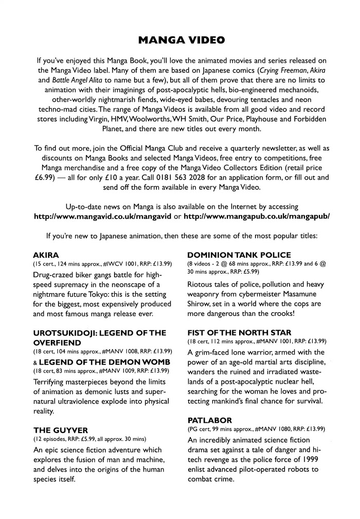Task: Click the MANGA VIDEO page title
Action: tap(180, 40)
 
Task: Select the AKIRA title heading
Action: tap(45, 255)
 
